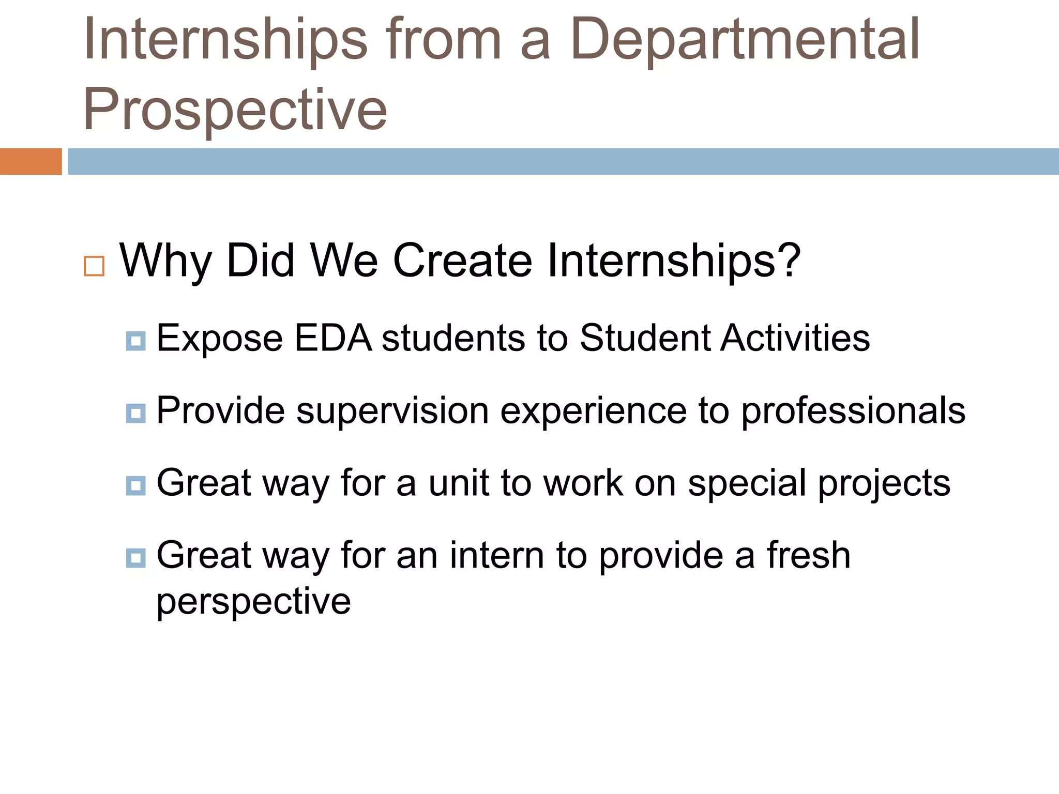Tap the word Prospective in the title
[x=235, y=110]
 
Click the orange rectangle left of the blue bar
[x=31, y=161]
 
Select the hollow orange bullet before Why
[x=94, y=266]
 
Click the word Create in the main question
[x=462, y=261]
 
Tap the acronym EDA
[x=333, y=339]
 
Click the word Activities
[x=795, y=339]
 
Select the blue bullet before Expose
[x=135, y=341]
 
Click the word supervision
[x=392, y=411]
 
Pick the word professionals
[x=853, y=411]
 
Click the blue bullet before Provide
[x=135, y=414]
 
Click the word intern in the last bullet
[x=496, y=556]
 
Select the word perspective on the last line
[x=253, y=602]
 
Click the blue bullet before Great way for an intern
[x=135, y=558]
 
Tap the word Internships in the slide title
[x=225, y=40]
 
